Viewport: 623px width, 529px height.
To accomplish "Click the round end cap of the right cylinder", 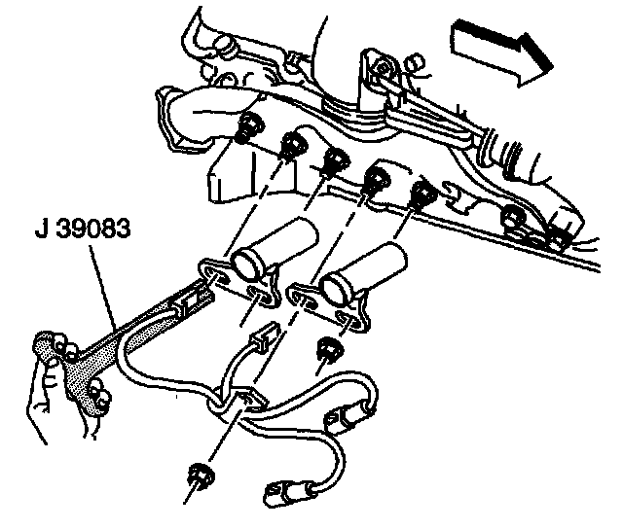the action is [x=338, y=283].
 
